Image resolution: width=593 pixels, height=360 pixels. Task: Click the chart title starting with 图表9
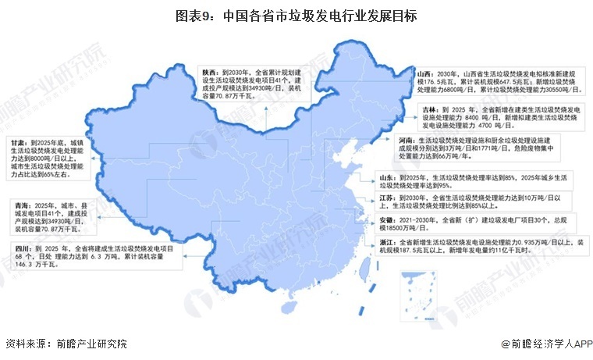coord(296,15)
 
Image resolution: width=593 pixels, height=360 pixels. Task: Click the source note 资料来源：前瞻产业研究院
coord(66,344)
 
